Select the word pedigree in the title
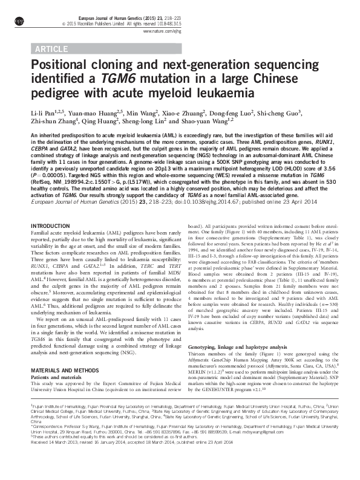click(x=59, y=94)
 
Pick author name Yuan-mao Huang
click(x=94, y=112)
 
